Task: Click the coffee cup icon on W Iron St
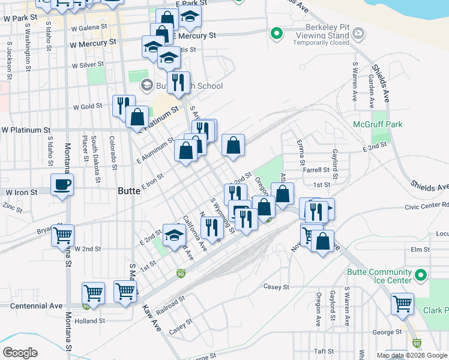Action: (x=62, y=184)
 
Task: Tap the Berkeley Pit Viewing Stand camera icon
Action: (x=359, y=32)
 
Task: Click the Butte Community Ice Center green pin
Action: (x=421, y=276)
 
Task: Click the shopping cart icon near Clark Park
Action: (x=402, y=303)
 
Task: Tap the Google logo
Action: (x=20, y=353)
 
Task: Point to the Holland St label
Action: (x=91, y=321)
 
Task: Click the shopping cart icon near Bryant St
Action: (x=62, y=235)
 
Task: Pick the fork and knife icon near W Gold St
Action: (x=122, y=105)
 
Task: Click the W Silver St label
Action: (x=88, y=65)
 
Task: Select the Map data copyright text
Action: (x=412, y=355)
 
